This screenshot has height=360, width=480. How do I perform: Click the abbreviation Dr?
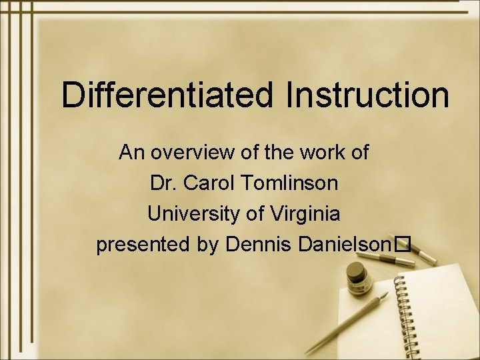pyautogui.click(x=163, y=183)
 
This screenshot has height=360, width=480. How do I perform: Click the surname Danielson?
pyautogui.click(x=343, y=245)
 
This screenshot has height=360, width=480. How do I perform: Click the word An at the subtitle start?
pyautogui.click(x=132, y=153)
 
